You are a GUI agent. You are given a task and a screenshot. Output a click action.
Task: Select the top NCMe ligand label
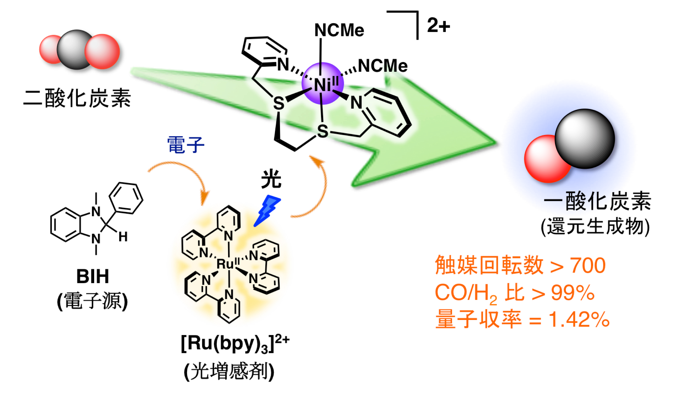pyautogui.click(x=339, y=30)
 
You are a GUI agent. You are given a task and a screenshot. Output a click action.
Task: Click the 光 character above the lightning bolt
pyautogui.click(x=271, y=179)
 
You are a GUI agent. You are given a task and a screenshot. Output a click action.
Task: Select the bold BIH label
pyautogui.click(x=93, y=276)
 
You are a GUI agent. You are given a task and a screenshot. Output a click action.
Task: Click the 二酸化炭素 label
pyautogui.click(x=77, y=98)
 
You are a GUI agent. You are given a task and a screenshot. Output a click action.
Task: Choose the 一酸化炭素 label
pyautogui.click(x=597, y=201)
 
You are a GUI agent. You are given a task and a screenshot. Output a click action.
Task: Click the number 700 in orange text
pyautogui.click(x=588, y=266)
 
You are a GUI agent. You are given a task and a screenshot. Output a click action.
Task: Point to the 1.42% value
pyautogui.click(x=579, y=320)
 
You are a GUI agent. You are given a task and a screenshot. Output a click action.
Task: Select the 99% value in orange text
pyautogui.click(x=573, y=293)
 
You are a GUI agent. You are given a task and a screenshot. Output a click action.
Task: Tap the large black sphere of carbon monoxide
pyautogui.click(x=584, y=138)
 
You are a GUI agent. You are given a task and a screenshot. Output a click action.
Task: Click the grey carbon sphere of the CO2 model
pyautogui.click(x=74, y=49)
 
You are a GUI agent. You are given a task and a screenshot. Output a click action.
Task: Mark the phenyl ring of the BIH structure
pyautogui.click(x=126, y=198)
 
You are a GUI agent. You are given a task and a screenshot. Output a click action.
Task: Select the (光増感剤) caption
pyautogui.click(x=229, y=372)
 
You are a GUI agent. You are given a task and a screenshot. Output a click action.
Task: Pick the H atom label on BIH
pyautogui.click(x=123, y=237)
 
